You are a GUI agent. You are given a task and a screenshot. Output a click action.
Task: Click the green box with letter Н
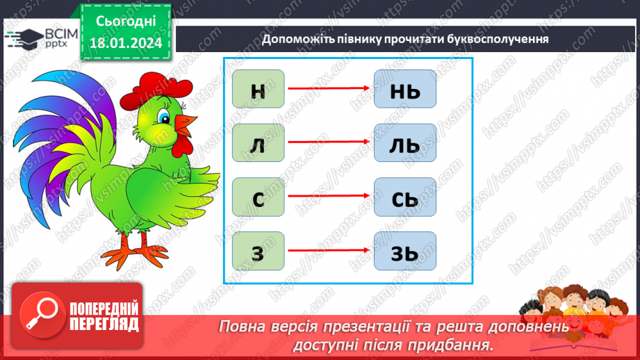coord(259,89)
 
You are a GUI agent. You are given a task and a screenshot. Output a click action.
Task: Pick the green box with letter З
coord(259,251)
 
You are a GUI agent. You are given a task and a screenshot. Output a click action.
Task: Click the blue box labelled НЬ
coord(404,89)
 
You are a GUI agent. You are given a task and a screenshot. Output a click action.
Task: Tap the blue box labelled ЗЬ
coord(404,251)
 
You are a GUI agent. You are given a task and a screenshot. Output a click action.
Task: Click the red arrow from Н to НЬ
coord(329,88)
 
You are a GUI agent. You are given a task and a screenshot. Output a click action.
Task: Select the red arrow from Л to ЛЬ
coord(329,142)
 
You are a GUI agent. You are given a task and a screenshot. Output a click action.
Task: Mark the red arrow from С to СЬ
coord(329,197)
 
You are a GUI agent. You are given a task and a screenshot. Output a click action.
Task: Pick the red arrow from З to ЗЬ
coord(329,250)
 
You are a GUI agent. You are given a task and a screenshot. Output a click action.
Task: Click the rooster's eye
coord(164,117)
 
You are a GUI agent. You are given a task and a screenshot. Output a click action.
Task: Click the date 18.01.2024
coord(125,42)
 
